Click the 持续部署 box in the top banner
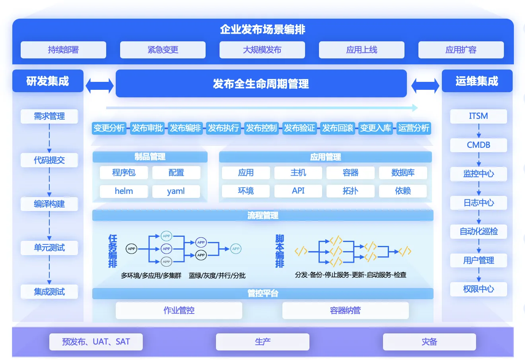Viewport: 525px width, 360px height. click(63, 50)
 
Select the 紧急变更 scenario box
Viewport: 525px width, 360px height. click(163, 50)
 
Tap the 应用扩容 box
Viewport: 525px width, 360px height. click(461, 50)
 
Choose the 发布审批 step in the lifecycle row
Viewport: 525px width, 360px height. click(147, 128)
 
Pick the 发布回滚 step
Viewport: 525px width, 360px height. click(338, 128)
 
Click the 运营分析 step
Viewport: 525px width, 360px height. click(414, 128)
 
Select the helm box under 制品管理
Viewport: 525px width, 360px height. click(124, 191)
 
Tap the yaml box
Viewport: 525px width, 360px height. click(176, 191)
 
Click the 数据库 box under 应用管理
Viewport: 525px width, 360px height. click(403, 173)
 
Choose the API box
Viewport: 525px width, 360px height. click(298, 191)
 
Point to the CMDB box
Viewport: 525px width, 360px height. click(478, 145)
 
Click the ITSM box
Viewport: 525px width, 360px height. click(478, 116)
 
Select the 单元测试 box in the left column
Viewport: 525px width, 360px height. click(49, 248)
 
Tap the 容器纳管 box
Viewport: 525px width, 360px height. click(345, 310)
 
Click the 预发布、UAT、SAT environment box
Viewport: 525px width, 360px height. click(96, 342)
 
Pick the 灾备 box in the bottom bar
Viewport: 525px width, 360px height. click(429, 342)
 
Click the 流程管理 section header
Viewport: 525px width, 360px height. click(262, 215)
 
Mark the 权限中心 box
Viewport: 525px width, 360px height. click(478, 289)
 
